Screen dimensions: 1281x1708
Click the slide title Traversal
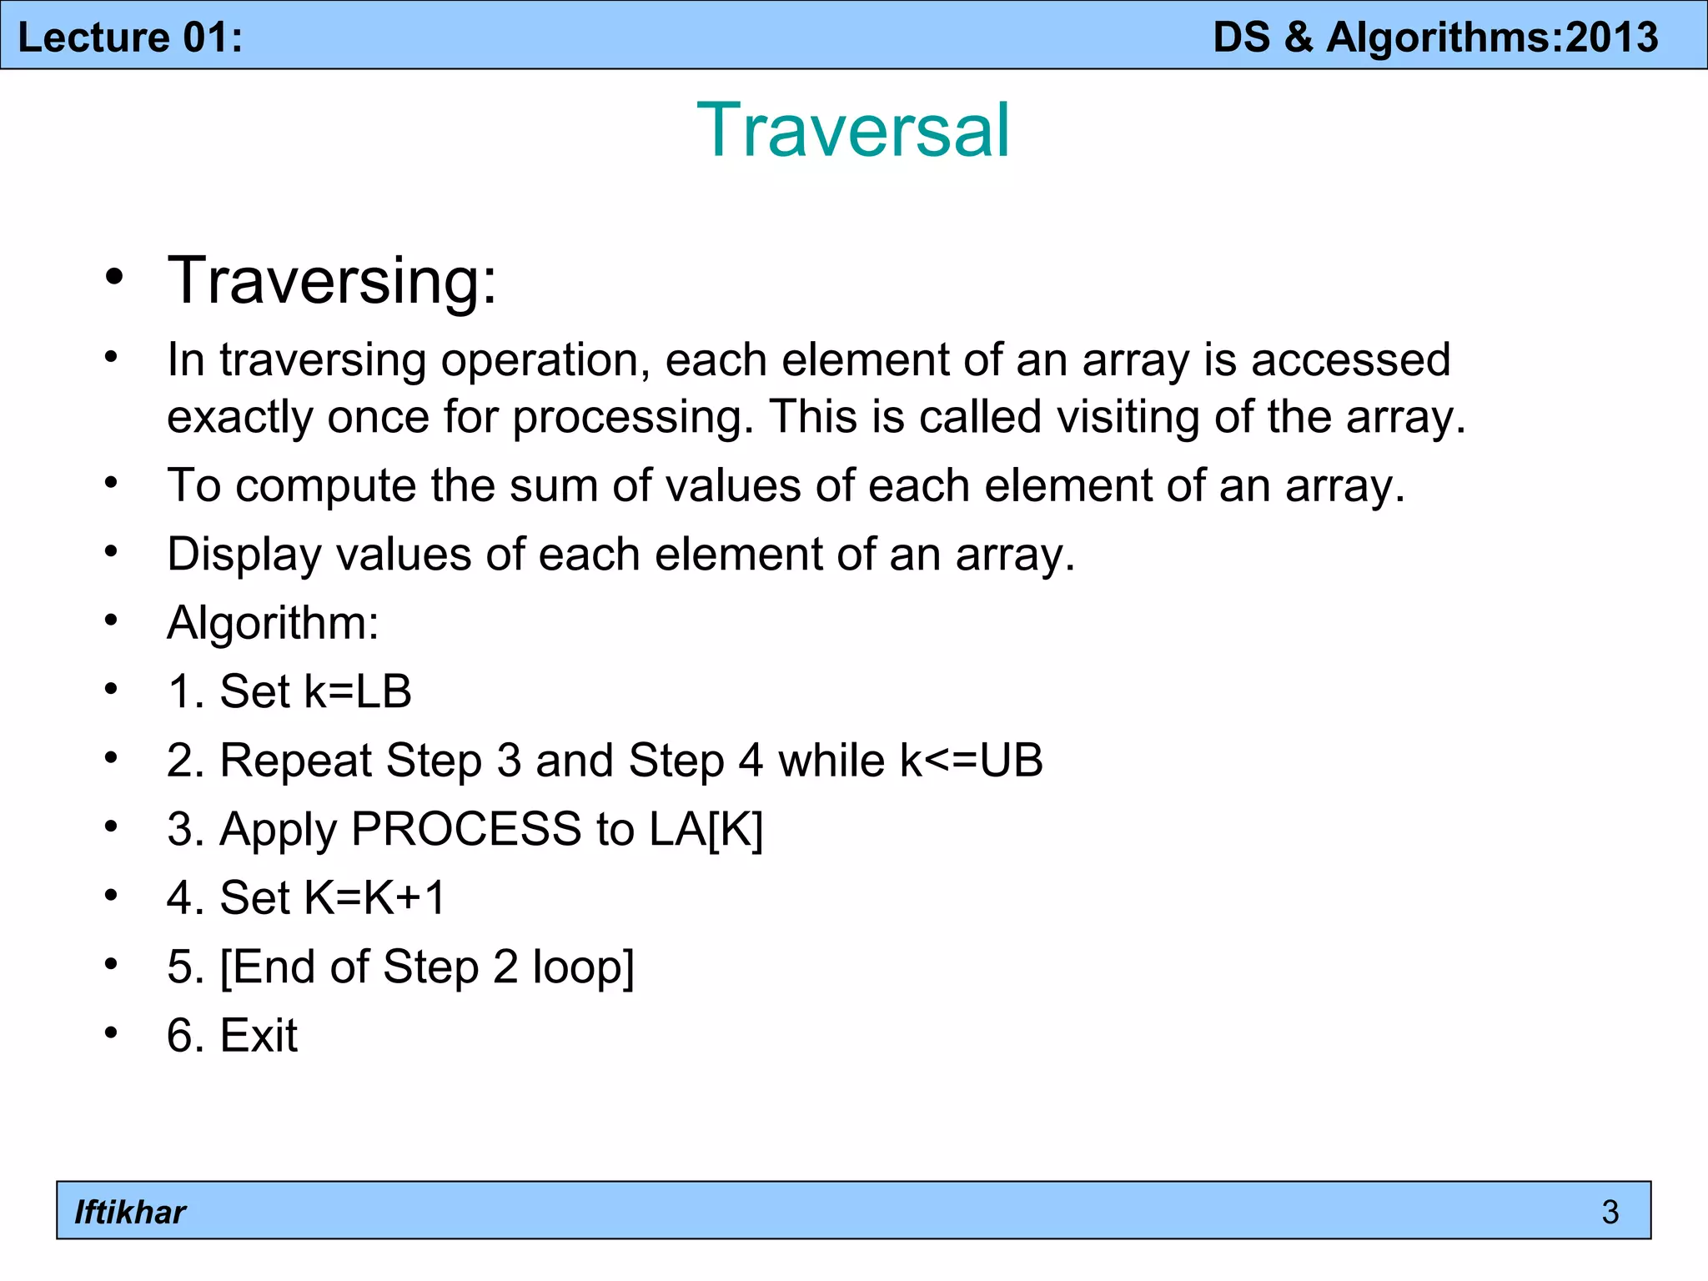coord(853,130)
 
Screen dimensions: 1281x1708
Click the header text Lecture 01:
coord(130,38)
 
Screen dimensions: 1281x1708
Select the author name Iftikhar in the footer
coord(130,1212)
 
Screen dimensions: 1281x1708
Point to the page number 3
coord(1610,1212)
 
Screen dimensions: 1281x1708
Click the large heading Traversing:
coord(332,281)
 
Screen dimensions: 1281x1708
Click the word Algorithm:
coord(273,623)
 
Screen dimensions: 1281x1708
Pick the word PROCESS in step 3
coord(466,829)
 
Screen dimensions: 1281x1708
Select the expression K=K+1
coord(375,898)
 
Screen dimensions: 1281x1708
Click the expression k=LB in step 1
coord(358,691)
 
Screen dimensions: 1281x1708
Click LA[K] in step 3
coord(706,829)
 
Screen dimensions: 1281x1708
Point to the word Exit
coord(259,1036)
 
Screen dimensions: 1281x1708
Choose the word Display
coord(244,555)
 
